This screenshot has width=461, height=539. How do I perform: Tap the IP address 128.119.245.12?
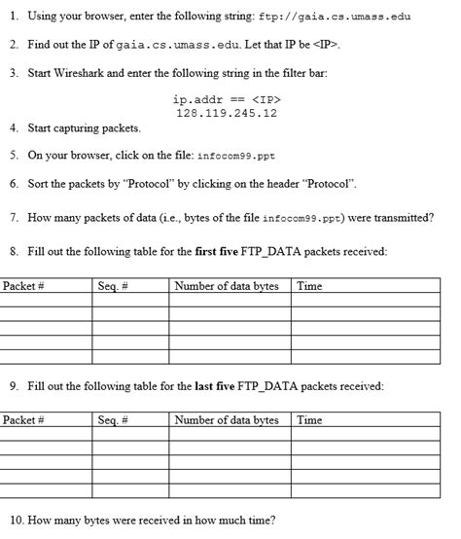[x=227, y=113]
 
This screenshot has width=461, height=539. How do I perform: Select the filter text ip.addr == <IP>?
[x=227, y=99]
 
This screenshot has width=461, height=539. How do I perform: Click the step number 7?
[x=13, y=217]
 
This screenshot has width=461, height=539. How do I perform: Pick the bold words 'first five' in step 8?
[x=242, y=251]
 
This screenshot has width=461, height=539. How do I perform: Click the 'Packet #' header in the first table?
[x=24, y=286]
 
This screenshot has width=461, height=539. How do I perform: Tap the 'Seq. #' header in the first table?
[x=115, y=286]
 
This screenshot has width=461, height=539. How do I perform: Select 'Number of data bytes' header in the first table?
[x=227, y=286]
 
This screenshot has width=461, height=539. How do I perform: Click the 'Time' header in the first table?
[x=309, y=286]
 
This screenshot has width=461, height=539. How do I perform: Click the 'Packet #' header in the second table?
[x=24, y=420]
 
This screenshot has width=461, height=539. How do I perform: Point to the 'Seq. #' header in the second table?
[x=115, y=420]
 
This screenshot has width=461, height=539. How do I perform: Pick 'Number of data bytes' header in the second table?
[x=227, y=420]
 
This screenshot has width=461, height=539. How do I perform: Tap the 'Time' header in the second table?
[x=309, y=420]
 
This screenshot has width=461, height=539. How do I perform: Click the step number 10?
[x=15, y=520]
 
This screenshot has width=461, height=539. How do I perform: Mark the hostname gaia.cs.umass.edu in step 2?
[x=169, y=45]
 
